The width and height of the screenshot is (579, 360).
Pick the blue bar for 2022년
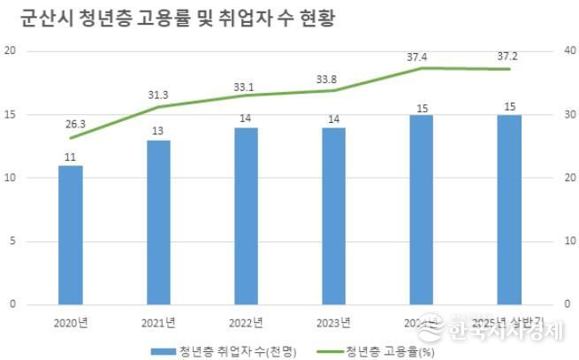(246, 216)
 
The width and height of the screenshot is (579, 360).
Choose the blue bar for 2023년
(333, 216)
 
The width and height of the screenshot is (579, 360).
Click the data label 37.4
(422, 57)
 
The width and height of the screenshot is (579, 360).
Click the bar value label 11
(71, 157)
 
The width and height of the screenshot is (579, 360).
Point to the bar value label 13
(158, 131)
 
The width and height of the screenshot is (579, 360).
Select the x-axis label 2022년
(246, 320)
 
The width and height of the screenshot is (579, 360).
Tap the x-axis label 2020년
(71, 320)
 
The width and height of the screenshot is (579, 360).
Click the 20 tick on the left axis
(11, 50)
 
